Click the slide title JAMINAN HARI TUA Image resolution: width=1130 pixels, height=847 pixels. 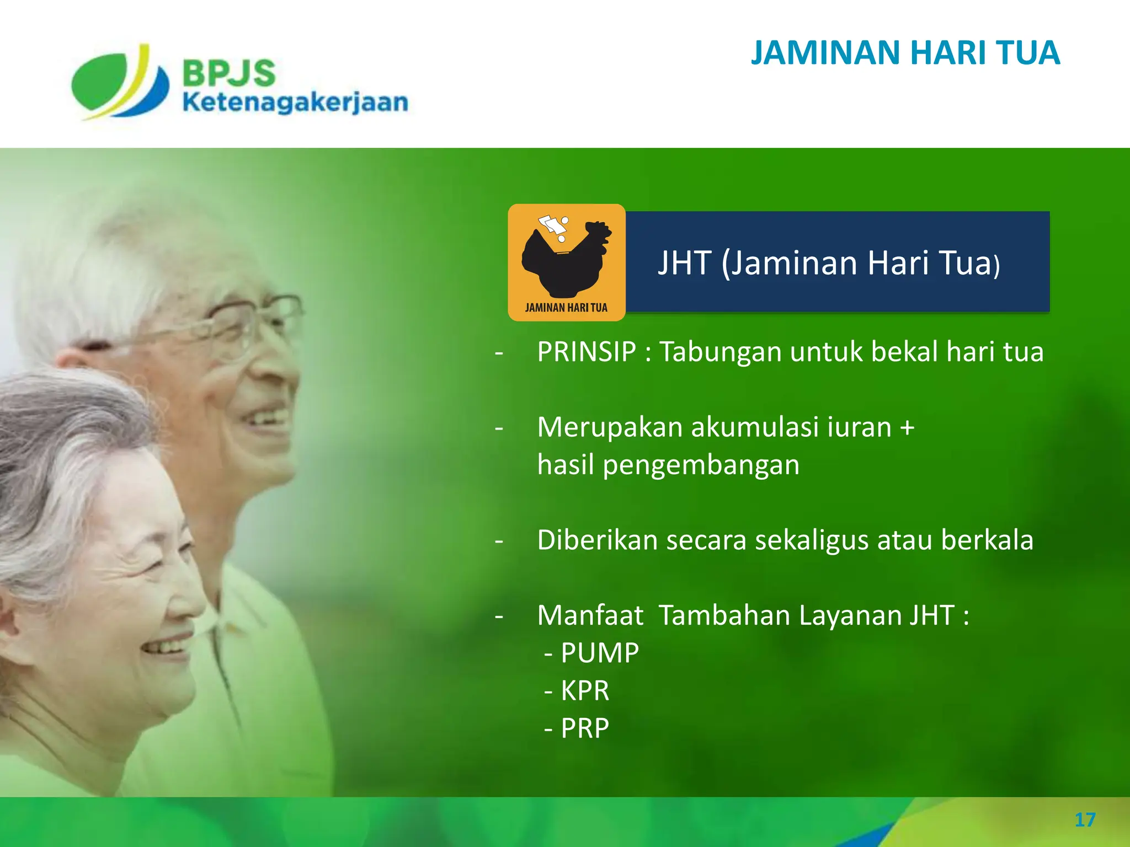tap(905, 53)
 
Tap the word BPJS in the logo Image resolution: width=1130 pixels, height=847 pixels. tap(228, 73)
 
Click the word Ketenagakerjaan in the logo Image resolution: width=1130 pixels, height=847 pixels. tap(295, 103)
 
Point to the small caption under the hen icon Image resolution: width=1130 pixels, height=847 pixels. tap(566, 308)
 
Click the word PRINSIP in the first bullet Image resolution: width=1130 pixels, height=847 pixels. tap(587, 352)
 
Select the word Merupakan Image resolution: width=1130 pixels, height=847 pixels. tap(610, 427)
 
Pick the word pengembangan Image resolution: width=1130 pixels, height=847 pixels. tap(701, 465)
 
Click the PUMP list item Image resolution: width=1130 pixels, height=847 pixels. tap(599, 653)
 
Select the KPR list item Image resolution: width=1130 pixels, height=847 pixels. tap(584, 690)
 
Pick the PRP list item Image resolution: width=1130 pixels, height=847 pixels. tap(584, 728)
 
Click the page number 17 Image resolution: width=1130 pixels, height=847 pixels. tap(1085, 820)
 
